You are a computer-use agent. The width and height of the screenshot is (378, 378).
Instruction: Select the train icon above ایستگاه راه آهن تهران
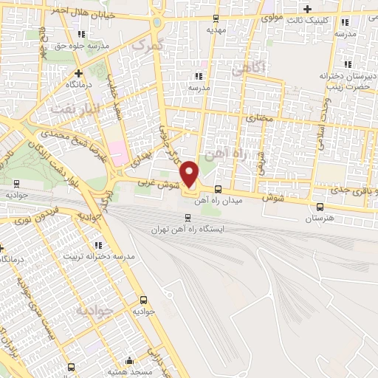[x=187, y=217]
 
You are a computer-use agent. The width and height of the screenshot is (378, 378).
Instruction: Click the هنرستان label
[x=319, y=219]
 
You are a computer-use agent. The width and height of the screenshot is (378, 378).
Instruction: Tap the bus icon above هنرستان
[x=319, y=207]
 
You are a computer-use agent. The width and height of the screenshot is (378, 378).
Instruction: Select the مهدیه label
[x=216, y=30]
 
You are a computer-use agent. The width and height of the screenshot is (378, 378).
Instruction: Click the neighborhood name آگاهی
[x=247, y=69]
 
